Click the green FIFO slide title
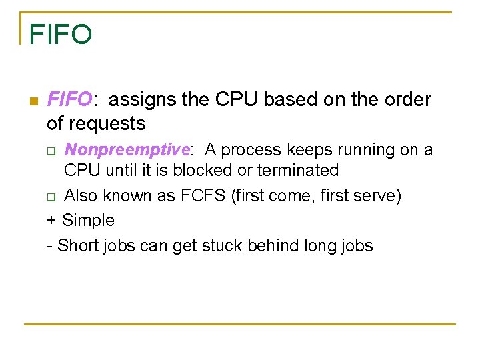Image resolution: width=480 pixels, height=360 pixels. [61, 34]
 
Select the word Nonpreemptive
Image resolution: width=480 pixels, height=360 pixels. [127, 150]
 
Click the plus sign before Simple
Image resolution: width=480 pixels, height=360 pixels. [51, 221]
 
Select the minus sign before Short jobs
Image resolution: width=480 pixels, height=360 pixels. [49, 246]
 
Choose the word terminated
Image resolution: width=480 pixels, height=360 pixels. [298, 171]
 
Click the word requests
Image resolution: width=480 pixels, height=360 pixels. [112, 124]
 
